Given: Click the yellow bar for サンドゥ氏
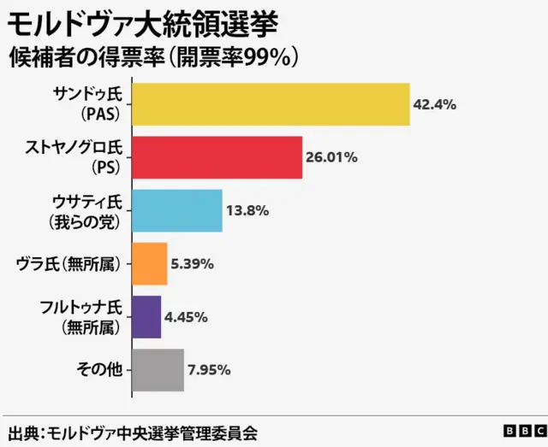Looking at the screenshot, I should pos(271,104).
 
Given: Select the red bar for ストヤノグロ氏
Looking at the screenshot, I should pos(217,157).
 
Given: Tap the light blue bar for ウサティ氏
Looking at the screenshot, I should pos(177,210).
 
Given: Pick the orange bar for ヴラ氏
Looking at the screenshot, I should pos(150,263).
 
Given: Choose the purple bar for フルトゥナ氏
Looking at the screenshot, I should pos(146,316).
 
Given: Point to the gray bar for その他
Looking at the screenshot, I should pos(158,369).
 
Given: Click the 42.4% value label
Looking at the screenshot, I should pos(434,104).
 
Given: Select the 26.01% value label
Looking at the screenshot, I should pos(332,158).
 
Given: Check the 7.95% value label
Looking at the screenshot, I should pos(209,370).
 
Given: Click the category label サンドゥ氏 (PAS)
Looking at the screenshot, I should pos(89,104).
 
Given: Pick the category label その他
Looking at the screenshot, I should pos(99,369).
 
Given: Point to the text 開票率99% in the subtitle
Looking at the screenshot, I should pos(243,56).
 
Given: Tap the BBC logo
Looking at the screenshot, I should pos(522,432).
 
